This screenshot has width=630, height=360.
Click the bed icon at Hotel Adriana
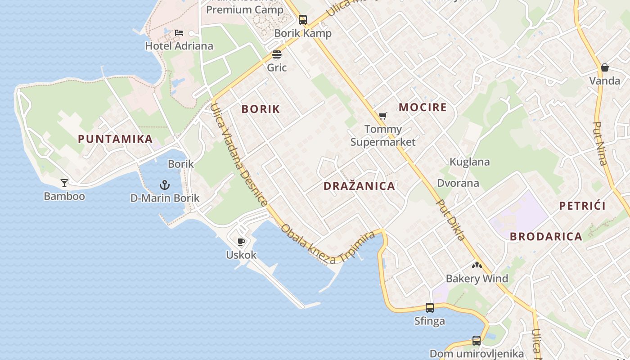pyautogui.click(x=179, y=33)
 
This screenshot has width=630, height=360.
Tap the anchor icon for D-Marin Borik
pyautogui.click(x=165, y=184)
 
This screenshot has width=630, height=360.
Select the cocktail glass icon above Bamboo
pyautogui.click(x=64, y=183)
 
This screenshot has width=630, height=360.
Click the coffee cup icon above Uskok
pyautogui.click(x=241, y=242)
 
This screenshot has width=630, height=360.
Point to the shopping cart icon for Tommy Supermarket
pyautogui.click(x=382, y=116)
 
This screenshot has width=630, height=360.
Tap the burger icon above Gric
pyautogui.click(x=277, y=55)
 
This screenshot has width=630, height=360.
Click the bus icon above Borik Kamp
pyautogui.click(x=303, y=20)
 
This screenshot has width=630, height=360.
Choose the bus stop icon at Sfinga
pyautogui.click(x=430, y=308)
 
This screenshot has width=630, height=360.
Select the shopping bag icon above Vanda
pyautogui.click(x=605, y=67)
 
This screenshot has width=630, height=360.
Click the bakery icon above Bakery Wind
pyautogui.click(x=477, y=265)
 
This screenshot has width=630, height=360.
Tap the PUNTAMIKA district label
pyautogui.click(x=115, y=139)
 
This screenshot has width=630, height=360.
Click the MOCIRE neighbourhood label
pyautogui.click(x=423, y=107)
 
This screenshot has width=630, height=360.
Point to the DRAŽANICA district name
pyautogui.click(x=359, y=186)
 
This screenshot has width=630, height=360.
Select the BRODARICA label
pyautogui.click(x=546, y=236)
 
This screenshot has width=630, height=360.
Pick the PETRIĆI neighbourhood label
pyautogui.click(x=582, y=206)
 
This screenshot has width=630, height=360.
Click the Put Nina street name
pyautogui.click(x=600, y=144)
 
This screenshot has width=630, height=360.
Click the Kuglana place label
pyautogui.click(x=470, y=162)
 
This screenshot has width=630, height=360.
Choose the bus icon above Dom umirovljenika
pyautogui.click(x=477, y=341)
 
